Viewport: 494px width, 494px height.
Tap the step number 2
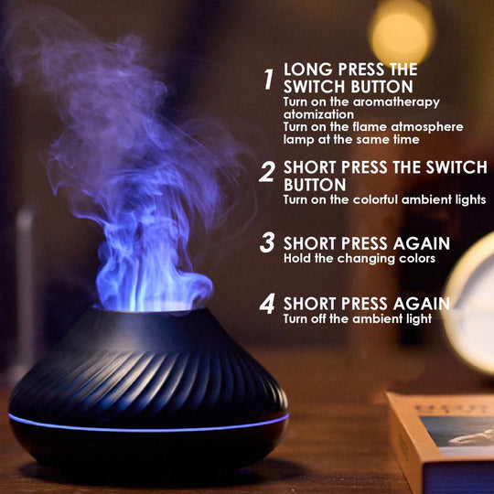click(x=267, y=172)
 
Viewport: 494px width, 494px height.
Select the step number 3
click(x=267, y=243)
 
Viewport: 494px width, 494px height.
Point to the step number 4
click(x=267, y=304)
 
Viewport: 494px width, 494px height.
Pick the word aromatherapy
click(x=403, y=101)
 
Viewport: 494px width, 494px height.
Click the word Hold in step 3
click(x=298, y=259)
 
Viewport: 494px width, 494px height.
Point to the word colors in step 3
click(x=416, y=259)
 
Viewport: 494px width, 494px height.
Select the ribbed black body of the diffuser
click(x=146, y=375)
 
